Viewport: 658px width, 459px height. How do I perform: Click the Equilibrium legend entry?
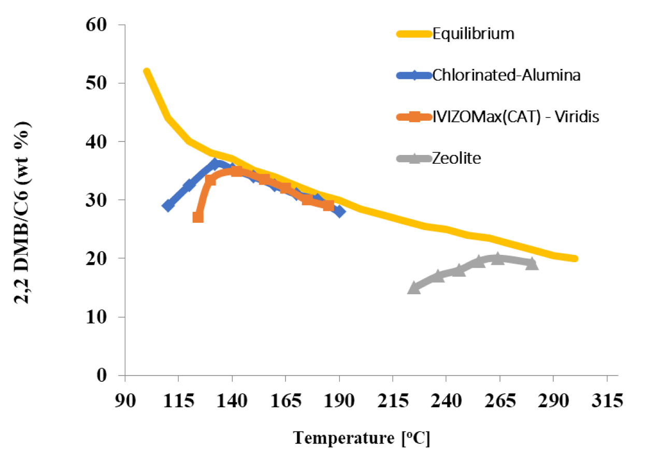pos(473,34)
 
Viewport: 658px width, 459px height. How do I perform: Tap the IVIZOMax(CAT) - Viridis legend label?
pos(516,117)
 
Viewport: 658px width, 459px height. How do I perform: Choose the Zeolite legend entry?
pos(456,159)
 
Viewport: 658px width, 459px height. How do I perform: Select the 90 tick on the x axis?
pos(125,401)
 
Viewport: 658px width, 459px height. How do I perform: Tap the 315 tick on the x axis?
pos(607,401)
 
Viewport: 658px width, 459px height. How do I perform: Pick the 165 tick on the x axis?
pos(285,401)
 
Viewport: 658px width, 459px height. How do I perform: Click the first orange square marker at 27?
pos(198,217)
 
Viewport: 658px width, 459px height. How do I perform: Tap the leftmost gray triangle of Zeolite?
pos(414,288)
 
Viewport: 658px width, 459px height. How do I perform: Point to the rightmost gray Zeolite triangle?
pos(532,264)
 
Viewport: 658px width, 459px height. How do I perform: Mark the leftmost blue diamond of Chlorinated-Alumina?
pos(168,206)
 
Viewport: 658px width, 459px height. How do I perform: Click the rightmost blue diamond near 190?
pos(339,211)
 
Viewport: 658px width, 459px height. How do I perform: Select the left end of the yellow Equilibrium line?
pos(147,72)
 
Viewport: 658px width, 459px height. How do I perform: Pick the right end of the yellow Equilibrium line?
pos(575,258)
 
